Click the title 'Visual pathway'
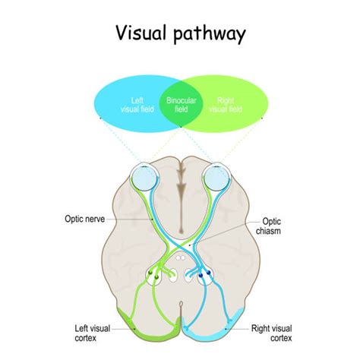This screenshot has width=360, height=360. (180, 33)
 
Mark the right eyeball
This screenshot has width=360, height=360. (217, 177)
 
